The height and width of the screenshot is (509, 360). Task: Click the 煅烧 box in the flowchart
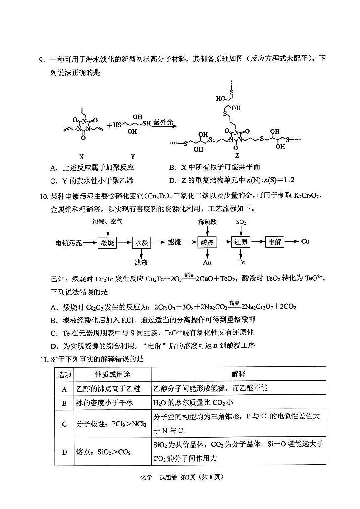[107, 242]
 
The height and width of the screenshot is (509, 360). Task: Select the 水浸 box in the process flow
[141, 242]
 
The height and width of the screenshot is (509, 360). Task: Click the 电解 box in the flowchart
[275, 242]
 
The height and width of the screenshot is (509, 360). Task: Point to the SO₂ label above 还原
[241, 223]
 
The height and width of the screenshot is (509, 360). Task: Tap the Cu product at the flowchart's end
[305, 242]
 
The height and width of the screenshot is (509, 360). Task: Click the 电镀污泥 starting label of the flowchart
[69, 242]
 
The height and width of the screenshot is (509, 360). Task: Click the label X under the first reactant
[82, 157]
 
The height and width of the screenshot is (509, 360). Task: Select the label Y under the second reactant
[132, 157]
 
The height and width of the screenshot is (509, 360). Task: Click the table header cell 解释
[238, 374]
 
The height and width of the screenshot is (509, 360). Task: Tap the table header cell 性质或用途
[113, 374]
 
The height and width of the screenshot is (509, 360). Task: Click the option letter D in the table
[64, 452]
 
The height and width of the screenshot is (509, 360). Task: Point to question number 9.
[42, 60]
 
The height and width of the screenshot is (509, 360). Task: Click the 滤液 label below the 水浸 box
[141, 262]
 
